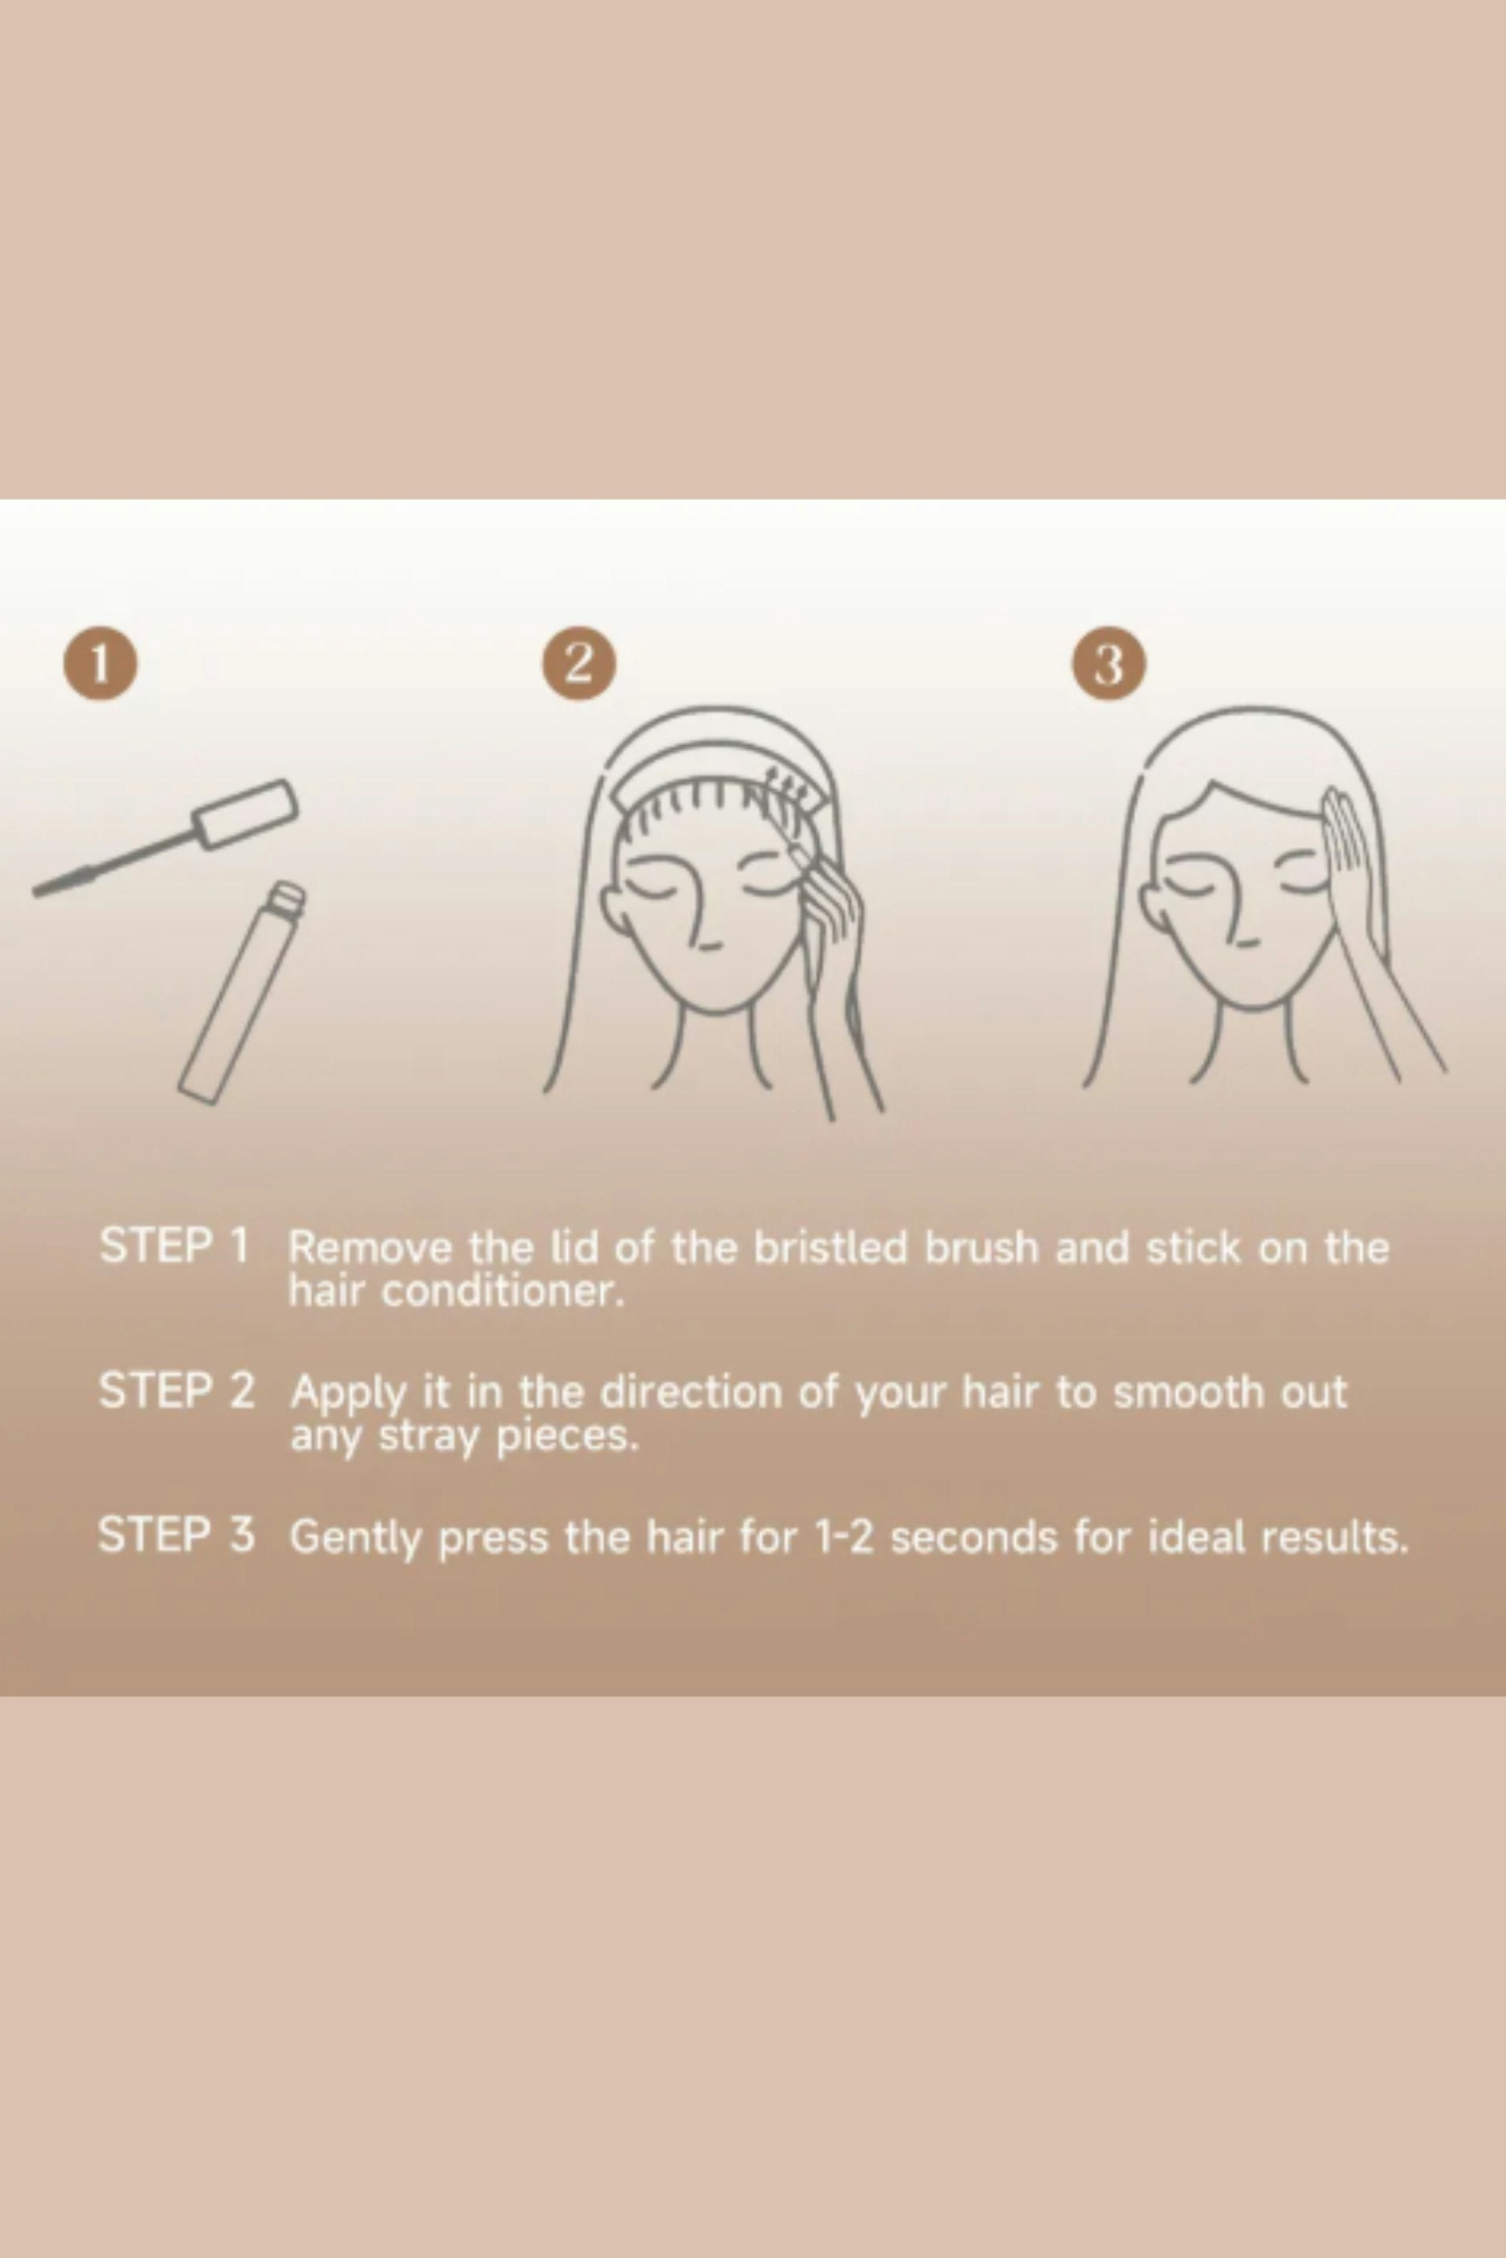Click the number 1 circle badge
pyautogui.click(x=100, y=663)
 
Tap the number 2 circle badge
pyautogui.click(x=578, y=663)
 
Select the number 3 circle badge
pyautogui.click(x=1109, y=663)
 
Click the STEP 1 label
pyautogui.click(x=175, y=1245)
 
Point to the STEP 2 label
pyautogui.click(x=177, y=1390)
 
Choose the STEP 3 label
pyautogui.click(x=177, y=1534)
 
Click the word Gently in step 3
pyautogui.click(x=355, y=1539)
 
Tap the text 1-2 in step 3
pyautogui.click(x=843, y=1537)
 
